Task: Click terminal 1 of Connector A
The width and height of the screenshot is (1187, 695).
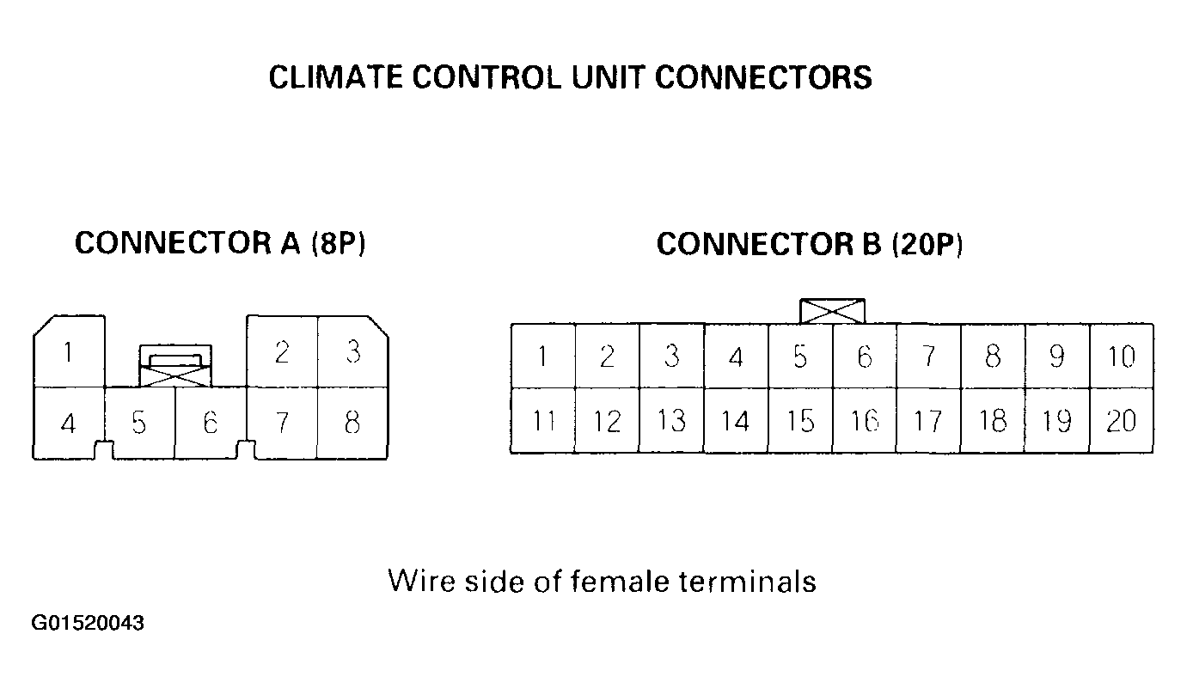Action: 69,352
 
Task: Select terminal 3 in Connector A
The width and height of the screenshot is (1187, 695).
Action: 352,352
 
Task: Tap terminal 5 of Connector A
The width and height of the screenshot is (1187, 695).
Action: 139,423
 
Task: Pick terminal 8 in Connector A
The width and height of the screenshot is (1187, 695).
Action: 352,423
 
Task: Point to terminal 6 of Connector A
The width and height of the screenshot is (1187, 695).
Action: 210,423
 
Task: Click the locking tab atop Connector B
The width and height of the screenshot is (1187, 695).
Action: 832,311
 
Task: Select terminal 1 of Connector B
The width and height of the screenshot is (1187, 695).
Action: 542,357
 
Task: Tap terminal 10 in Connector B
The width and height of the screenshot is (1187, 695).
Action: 1121,357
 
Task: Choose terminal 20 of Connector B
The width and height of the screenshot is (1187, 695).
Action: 1121,421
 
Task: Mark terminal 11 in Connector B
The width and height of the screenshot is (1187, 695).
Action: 542,421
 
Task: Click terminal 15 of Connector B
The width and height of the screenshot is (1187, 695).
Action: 800,421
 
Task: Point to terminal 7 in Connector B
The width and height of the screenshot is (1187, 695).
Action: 928,357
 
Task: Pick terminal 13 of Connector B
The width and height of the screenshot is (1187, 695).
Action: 671,421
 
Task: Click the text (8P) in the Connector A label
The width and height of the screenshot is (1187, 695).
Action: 338,244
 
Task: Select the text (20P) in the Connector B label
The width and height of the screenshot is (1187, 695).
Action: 927,245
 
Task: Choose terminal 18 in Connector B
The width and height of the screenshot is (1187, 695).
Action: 993,421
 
